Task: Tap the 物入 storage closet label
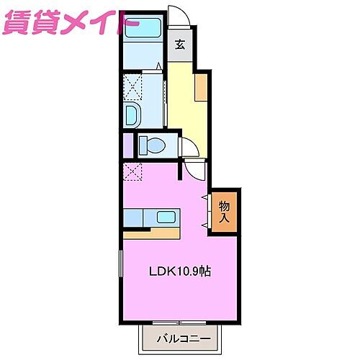pyautogui.click(x=224, y=211)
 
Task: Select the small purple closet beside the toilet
pyautogui.click(x=127, y=144)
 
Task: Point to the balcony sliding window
pyautogui.click(x=181, y=321)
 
